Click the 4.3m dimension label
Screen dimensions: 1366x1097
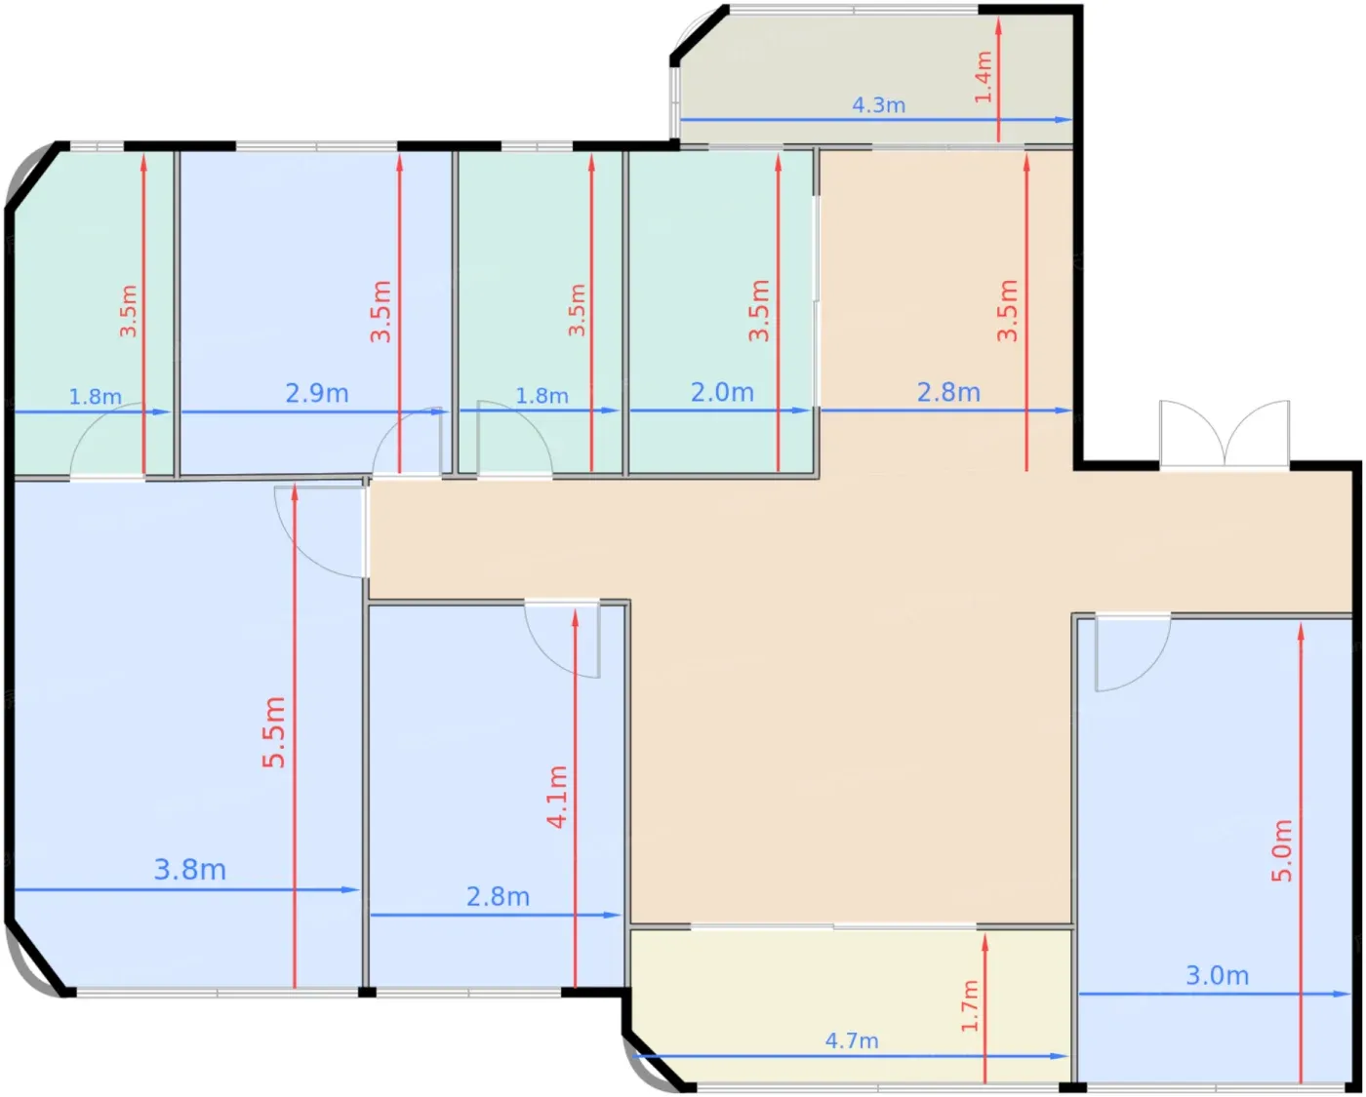tap(878, 104)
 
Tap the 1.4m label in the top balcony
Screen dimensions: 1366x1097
tap(983, 77)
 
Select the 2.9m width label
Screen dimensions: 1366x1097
tap(317, 393)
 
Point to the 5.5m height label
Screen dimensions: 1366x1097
tap(274, 732)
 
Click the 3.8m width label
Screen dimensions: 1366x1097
tap(190, 869)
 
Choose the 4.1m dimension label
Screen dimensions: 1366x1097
tap(557, 797)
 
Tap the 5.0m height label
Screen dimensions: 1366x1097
tap(1281, 851)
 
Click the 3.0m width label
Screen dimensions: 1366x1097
tap(1218, 976)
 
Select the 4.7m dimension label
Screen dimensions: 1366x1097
tap(852, 1040)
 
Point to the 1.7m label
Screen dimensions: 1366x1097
tap(969, 1006)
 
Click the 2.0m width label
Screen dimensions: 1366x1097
tap(722, 393)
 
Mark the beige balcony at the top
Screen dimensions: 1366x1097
tap(876, 76)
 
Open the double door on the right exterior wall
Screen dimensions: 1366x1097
tap(1224, 435)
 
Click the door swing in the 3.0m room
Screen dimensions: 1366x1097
tap(1133, 653)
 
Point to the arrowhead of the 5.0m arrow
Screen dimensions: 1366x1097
tap(1301, 632)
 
